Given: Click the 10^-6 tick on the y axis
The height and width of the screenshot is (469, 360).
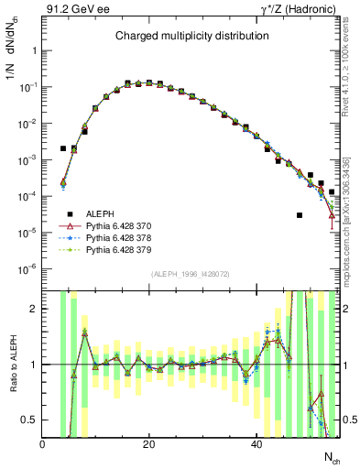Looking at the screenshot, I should [x=27, y=268].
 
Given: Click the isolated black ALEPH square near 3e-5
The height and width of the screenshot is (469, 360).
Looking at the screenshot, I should [x=300, y=215].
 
